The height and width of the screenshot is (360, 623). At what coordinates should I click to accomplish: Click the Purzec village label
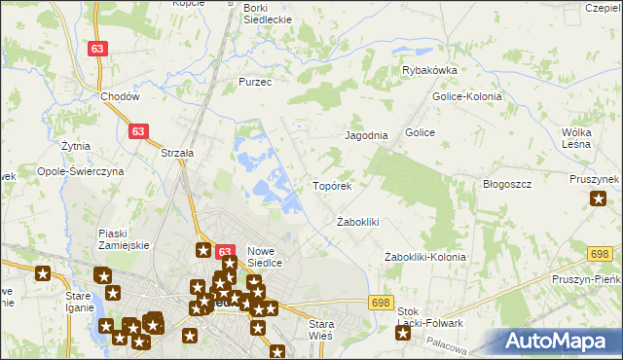pyautogui.click(x=255, y=83)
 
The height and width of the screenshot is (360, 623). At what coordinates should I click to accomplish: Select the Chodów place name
pyautogui.click(x=121, y=97)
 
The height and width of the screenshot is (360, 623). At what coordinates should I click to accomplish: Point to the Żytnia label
pyautogui.click(x=75, y=146)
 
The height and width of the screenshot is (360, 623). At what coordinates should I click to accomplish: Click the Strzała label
pyautogui.click(x=177, y=153)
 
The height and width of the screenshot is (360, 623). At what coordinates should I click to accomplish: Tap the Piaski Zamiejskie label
pyautogui.click(x=124, y=238)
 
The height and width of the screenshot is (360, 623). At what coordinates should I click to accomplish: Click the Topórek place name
pyautogui.click(x=337, y=185)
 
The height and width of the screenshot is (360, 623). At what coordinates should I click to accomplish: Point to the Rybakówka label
pyautogui.click(x=429, y=71)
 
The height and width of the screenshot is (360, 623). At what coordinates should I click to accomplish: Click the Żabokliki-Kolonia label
pyautogui.click(x=424, y=258)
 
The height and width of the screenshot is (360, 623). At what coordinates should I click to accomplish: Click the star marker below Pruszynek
pyautogui.click(x=598, y=199)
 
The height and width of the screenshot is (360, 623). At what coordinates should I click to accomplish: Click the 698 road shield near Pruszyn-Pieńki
pyautogui.click(x=599, y=253)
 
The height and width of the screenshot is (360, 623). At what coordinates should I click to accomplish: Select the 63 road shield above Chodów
pyautogui.click(x=96, y=48)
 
